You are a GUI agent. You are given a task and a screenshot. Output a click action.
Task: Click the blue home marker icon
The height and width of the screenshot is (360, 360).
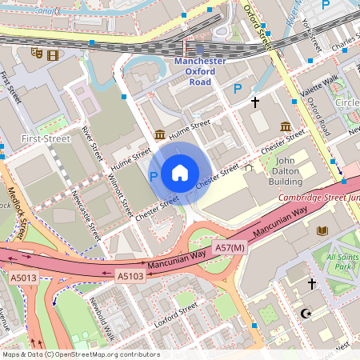click(180, 173)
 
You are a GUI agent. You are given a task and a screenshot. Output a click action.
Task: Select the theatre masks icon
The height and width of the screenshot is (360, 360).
click(36, 54)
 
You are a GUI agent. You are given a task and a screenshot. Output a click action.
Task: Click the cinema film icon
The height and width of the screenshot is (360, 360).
click(53, 55)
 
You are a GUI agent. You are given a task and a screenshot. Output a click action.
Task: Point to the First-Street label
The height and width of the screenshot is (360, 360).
click(46, 138)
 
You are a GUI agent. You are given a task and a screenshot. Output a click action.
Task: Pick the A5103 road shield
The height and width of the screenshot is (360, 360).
click(130, 276)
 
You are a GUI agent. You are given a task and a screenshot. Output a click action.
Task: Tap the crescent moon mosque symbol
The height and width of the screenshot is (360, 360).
click(303, 314)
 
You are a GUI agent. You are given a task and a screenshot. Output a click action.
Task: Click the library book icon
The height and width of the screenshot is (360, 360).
click(322, 231)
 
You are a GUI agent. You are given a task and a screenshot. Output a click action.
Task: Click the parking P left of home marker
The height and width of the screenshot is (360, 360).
click(154, 175)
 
